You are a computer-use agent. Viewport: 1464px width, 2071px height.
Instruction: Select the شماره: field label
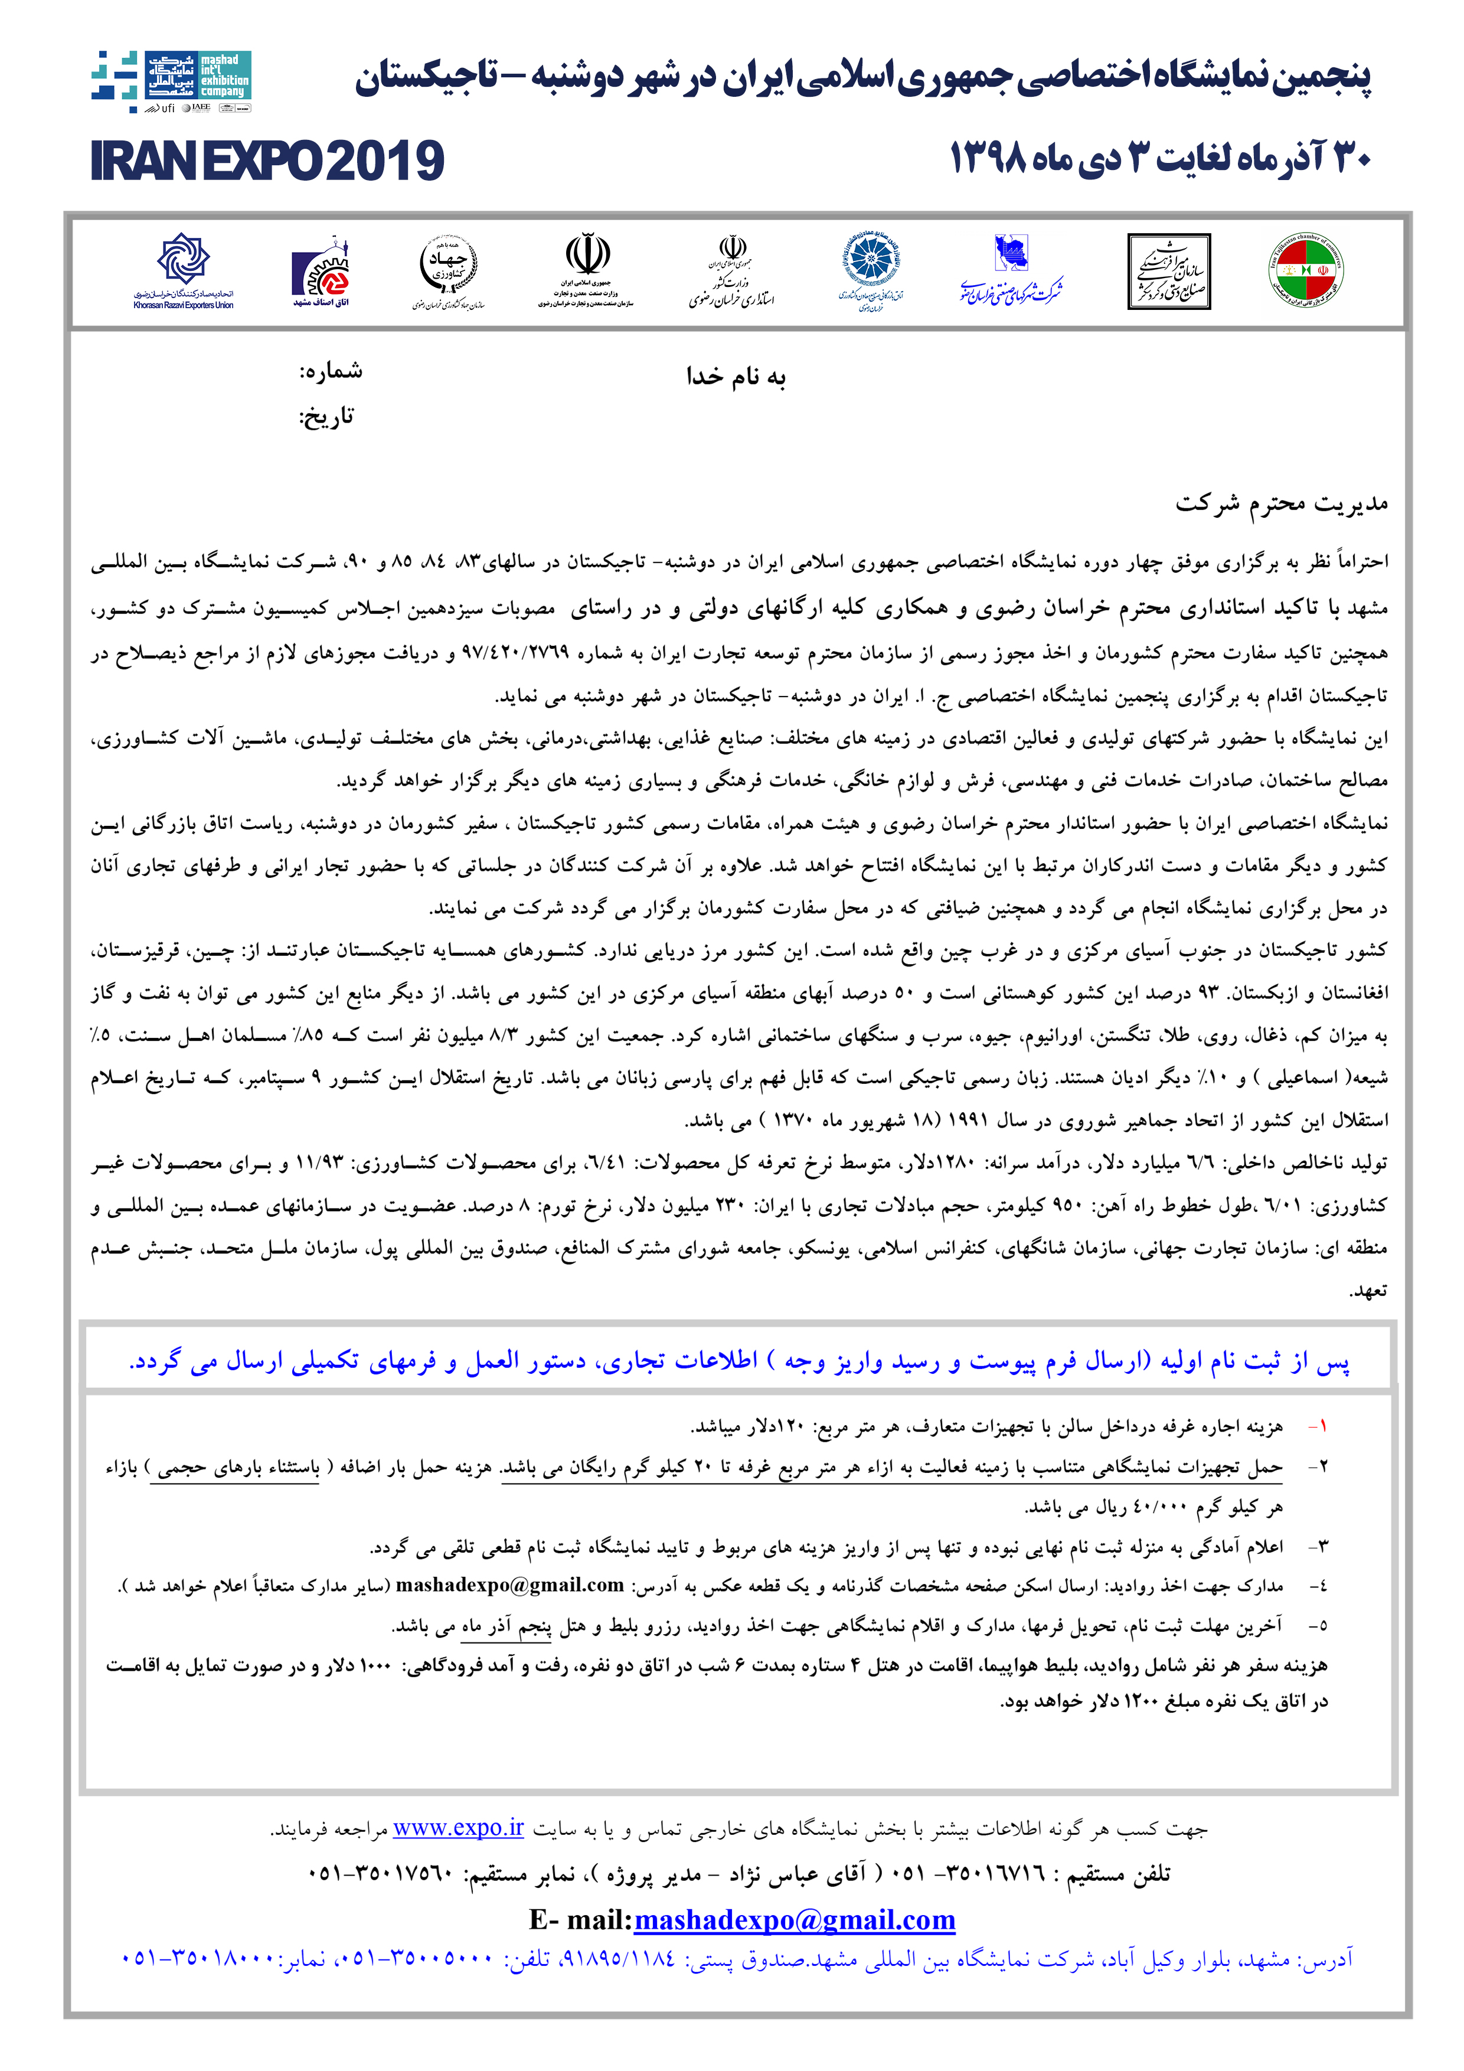click(x=331, y=371)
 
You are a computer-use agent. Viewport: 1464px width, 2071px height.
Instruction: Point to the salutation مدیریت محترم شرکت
click(x=1281, y=504)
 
